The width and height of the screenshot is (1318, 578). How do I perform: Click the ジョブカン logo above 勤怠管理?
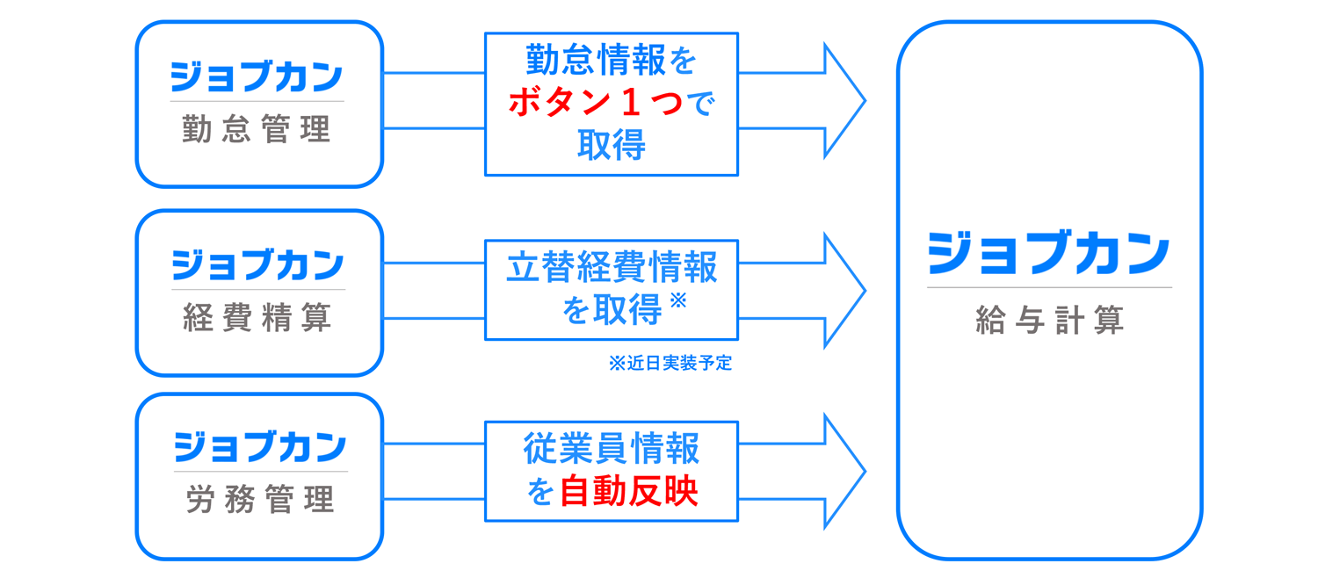[x=257, y=76]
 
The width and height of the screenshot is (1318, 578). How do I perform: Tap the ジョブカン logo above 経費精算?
[x=257, y=264]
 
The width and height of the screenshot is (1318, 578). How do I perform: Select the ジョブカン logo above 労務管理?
[x=260, y=447]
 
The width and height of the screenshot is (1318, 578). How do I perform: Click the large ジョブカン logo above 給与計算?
[x=1048, y=253]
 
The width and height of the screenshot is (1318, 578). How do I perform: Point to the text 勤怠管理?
[x=257, y=129]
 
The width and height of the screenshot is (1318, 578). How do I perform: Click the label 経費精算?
[x=257, y=317]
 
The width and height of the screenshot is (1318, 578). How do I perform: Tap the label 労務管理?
[x=260, y=500]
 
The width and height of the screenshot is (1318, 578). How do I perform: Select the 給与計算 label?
[x=1050, y=321]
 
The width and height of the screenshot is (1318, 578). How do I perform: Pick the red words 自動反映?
[x=628, y=491]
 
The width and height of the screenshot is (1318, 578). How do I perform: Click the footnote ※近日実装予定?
[x=670, y=364]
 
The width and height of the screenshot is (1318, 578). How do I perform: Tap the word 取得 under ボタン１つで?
[x=612, y=145]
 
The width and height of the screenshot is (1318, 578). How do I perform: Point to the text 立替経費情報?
[x=612, y=267]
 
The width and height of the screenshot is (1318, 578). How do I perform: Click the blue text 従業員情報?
[x=612, y=448]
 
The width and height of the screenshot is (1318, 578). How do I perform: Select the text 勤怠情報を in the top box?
[x=611, y=60]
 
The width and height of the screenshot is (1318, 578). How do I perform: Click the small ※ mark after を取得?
[x=678, y=300]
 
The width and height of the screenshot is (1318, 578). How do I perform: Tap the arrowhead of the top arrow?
[x=845, y=100]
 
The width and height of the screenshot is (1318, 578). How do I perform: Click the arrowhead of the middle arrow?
[x=845, y=291]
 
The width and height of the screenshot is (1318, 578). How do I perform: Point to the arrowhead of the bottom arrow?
[x=845, y=471]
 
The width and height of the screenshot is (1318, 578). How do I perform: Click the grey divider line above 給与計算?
[x=1050, y=287]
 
